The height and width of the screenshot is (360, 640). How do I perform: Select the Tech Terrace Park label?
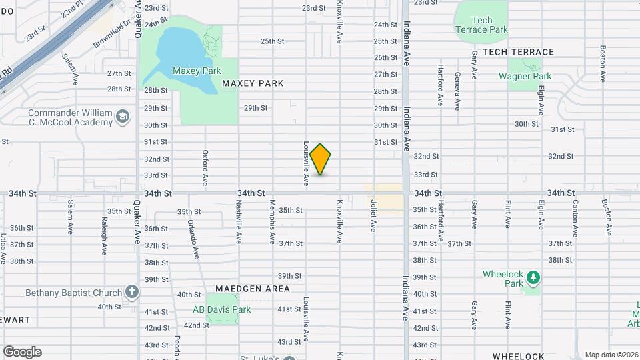(x=481, y=25)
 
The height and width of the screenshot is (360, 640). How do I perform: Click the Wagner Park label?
(x=525, y=76)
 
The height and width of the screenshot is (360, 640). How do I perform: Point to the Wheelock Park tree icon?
(x=532, y=276)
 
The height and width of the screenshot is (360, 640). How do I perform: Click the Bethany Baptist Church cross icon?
(x=132, y=292)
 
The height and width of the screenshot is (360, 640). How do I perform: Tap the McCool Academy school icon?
(x=122, y=117)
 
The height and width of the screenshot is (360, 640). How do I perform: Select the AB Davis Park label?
(x=221, y=309)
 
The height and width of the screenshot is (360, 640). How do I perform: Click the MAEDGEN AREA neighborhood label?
(x=253, y=289)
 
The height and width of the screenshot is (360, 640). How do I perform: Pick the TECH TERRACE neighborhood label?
(x=518, y=52)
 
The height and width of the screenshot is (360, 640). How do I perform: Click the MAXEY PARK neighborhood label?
(x=253, y=83)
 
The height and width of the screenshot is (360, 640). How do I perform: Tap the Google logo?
(x=22, y=351)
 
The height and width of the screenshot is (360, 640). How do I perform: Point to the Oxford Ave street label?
(x=205, y=167)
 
